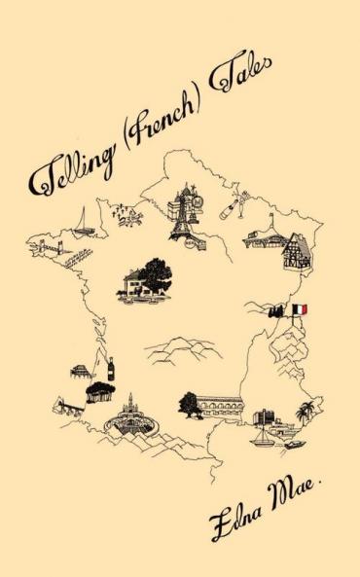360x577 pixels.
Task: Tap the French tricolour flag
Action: (300, 309)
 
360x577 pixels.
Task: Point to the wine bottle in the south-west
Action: (110, 369)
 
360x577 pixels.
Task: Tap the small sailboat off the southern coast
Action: (262, 438)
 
